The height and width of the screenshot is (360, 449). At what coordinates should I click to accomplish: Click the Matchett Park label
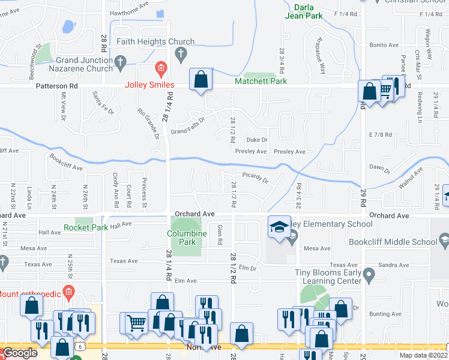(x=261, y=81)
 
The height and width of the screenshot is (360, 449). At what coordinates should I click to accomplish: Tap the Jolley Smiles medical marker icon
(x=160, y=67)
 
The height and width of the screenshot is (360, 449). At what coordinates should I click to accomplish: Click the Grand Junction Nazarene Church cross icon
(x=120, y=61)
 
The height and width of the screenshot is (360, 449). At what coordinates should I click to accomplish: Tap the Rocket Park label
(x=86, y=228)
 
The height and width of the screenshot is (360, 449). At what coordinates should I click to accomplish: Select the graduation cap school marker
(x=279, y=227)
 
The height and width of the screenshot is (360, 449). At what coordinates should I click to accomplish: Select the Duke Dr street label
(x=256, y=139)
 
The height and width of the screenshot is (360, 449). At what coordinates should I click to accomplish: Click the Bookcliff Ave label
(x=66, y=164)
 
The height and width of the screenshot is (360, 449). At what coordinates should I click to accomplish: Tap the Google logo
(x=20, y=353)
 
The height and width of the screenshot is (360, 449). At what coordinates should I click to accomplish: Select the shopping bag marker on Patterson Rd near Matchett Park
(x=200, y=79)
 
